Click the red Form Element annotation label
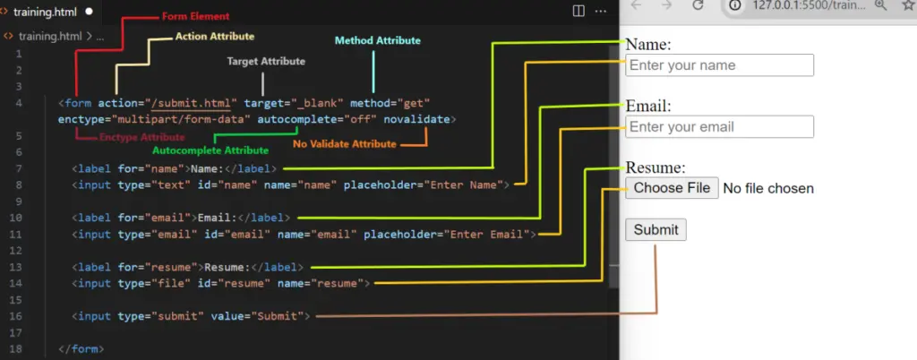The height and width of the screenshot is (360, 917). tap(195, 16)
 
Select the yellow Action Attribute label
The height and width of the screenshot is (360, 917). tap(215, 36)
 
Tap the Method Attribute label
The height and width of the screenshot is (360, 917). tap(377, 41)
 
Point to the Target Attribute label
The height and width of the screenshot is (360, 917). tap(266, 62)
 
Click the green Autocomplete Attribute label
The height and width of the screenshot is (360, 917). tap(210, 150)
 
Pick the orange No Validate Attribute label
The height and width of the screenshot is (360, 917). tap(345, 144)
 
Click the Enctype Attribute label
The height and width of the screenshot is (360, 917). tap(142, 137)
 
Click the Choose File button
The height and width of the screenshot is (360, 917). tap(672, 188)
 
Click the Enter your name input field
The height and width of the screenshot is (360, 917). tap(719, 64)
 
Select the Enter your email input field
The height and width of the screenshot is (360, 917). tap(719, 127)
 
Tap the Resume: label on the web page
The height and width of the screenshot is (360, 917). tap(656, 167)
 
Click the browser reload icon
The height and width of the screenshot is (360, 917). tap(698, 5)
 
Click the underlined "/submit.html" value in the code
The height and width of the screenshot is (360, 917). tap(194, 104)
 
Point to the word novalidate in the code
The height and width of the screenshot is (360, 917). tap(417, 120)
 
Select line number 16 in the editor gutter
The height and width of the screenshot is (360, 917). tap(18, 316)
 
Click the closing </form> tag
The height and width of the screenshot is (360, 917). tap(81, 349)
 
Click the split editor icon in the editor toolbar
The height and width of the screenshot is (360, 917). tap(578, 11)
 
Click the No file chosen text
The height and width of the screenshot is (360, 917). tap(768, 188)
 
